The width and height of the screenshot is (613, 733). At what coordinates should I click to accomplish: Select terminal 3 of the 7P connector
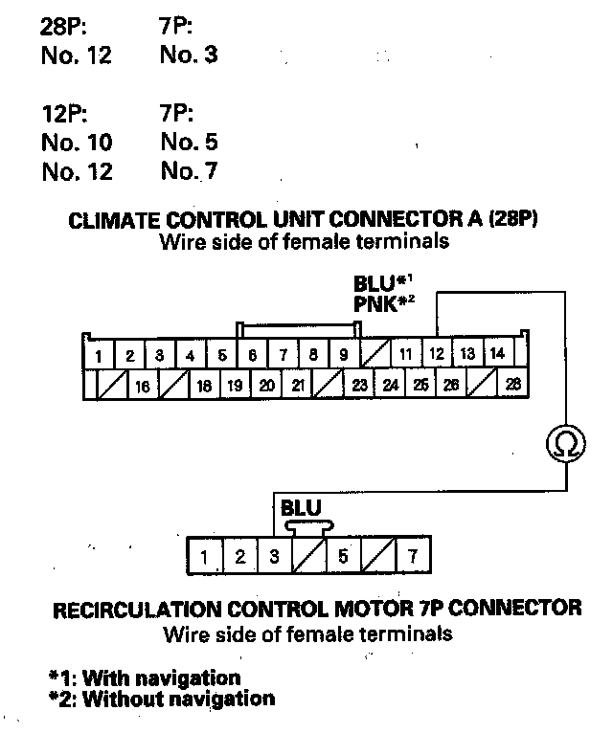[274, 556]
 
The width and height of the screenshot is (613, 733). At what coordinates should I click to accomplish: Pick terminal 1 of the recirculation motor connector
[204, 556]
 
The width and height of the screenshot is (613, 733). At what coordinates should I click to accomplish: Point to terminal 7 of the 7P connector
[413, 556]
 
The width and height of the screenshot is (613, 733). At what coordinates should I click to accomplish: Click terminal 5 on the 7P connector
[343, 556]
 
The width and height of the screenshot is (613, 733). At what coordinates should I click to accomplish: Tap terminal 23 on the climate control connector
[359, 386]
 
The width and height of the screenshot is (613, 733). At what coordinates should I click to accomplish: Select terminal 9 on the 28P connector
[343, 355]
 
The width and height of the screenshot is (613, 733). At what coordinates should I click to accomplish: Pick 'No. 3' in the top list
[189, 55]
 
